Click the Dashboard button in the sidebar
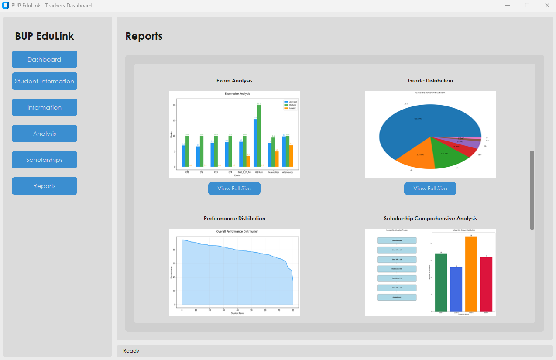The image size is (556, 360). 45,59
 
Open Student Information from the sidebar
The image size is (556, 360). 45,81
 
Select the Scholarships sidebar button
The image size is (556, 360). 45,160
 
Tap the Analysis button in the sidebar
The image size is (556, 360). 45,134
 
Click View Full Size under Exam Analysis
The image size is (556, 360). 234,189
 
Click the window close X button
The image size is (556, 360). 547,6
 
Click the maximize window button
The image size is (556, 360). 527,6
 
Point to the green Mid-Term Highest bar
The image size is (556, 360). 259,136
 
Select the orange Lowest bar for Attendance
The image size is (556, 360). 291,156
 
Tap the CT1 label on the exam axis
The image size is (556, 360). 187,172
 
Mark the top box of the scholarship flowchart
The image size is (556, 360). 396,240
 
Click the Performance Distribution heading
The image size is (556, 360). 234,219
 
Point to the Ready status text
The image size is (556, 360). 131,351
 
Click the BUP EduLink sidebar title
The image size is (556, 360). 45,36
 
